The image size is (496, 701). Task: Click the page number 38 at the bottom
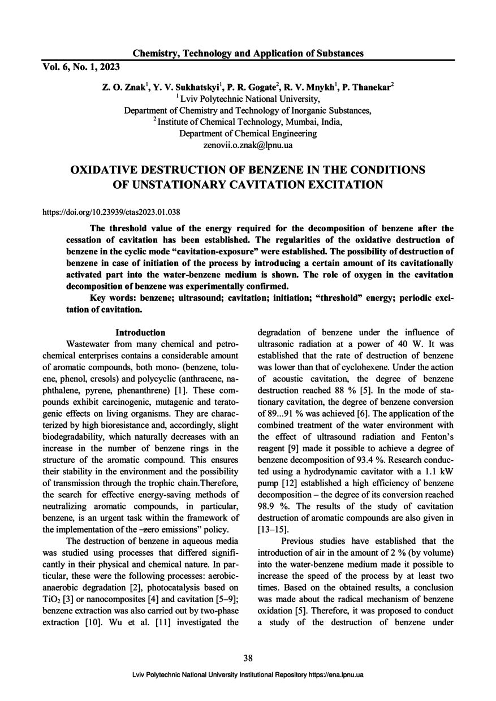coord(248,657)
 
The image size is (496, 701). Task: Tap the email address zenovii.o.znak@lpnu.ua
coord(248,145)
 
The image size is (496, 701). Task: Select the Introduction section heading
coord(140,333)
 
